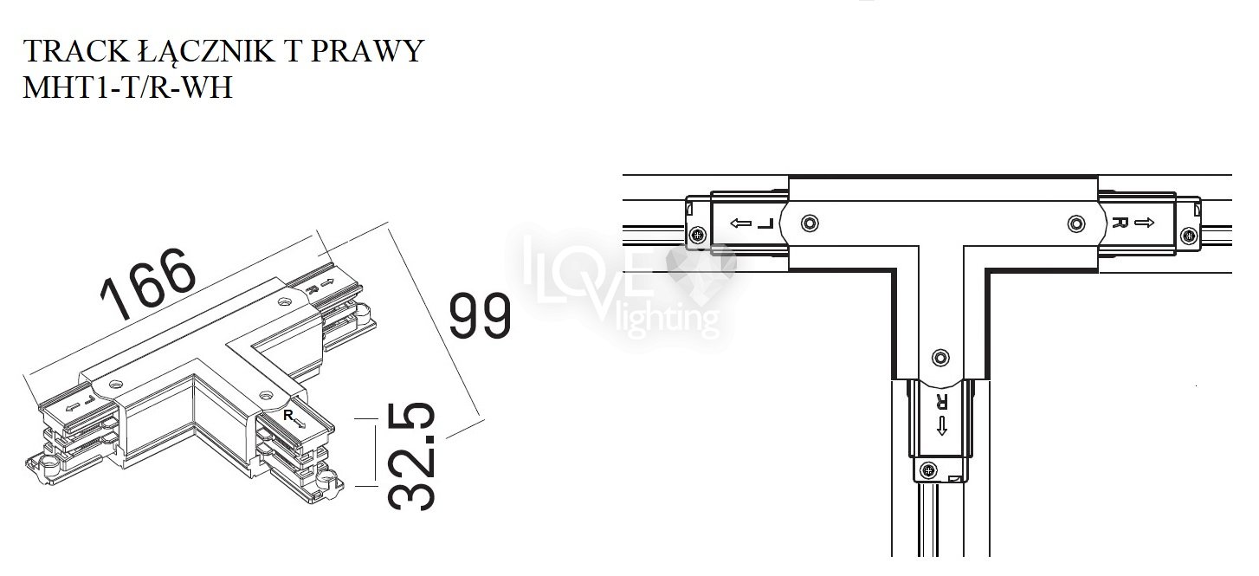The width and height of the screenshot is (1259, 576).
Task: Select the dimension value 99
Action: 481,315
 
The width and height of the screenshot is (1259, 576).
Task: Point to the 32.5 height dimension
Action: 411,456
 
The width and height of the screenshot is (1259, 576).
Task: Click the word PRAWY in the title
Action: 367,51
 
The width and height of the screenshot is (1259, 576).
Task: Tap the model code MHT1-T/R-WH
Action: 127,87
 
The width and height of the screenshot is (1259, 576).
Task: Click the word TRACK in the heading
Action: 76,51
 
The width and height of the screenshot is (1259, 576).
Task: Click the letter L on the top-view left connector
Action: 765,223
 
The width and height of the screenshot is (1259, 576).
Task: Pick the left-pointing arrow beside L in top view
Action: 741,223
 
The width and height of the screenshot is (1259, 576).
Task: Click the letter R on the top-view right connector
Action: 1120,223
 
